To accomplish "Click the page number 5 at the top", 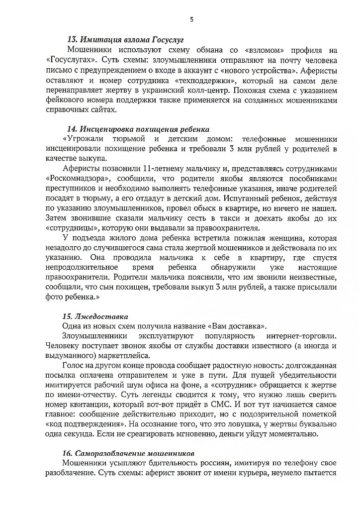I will [191, 20].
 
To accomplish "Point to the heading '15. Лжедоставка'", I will [95, 316].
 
